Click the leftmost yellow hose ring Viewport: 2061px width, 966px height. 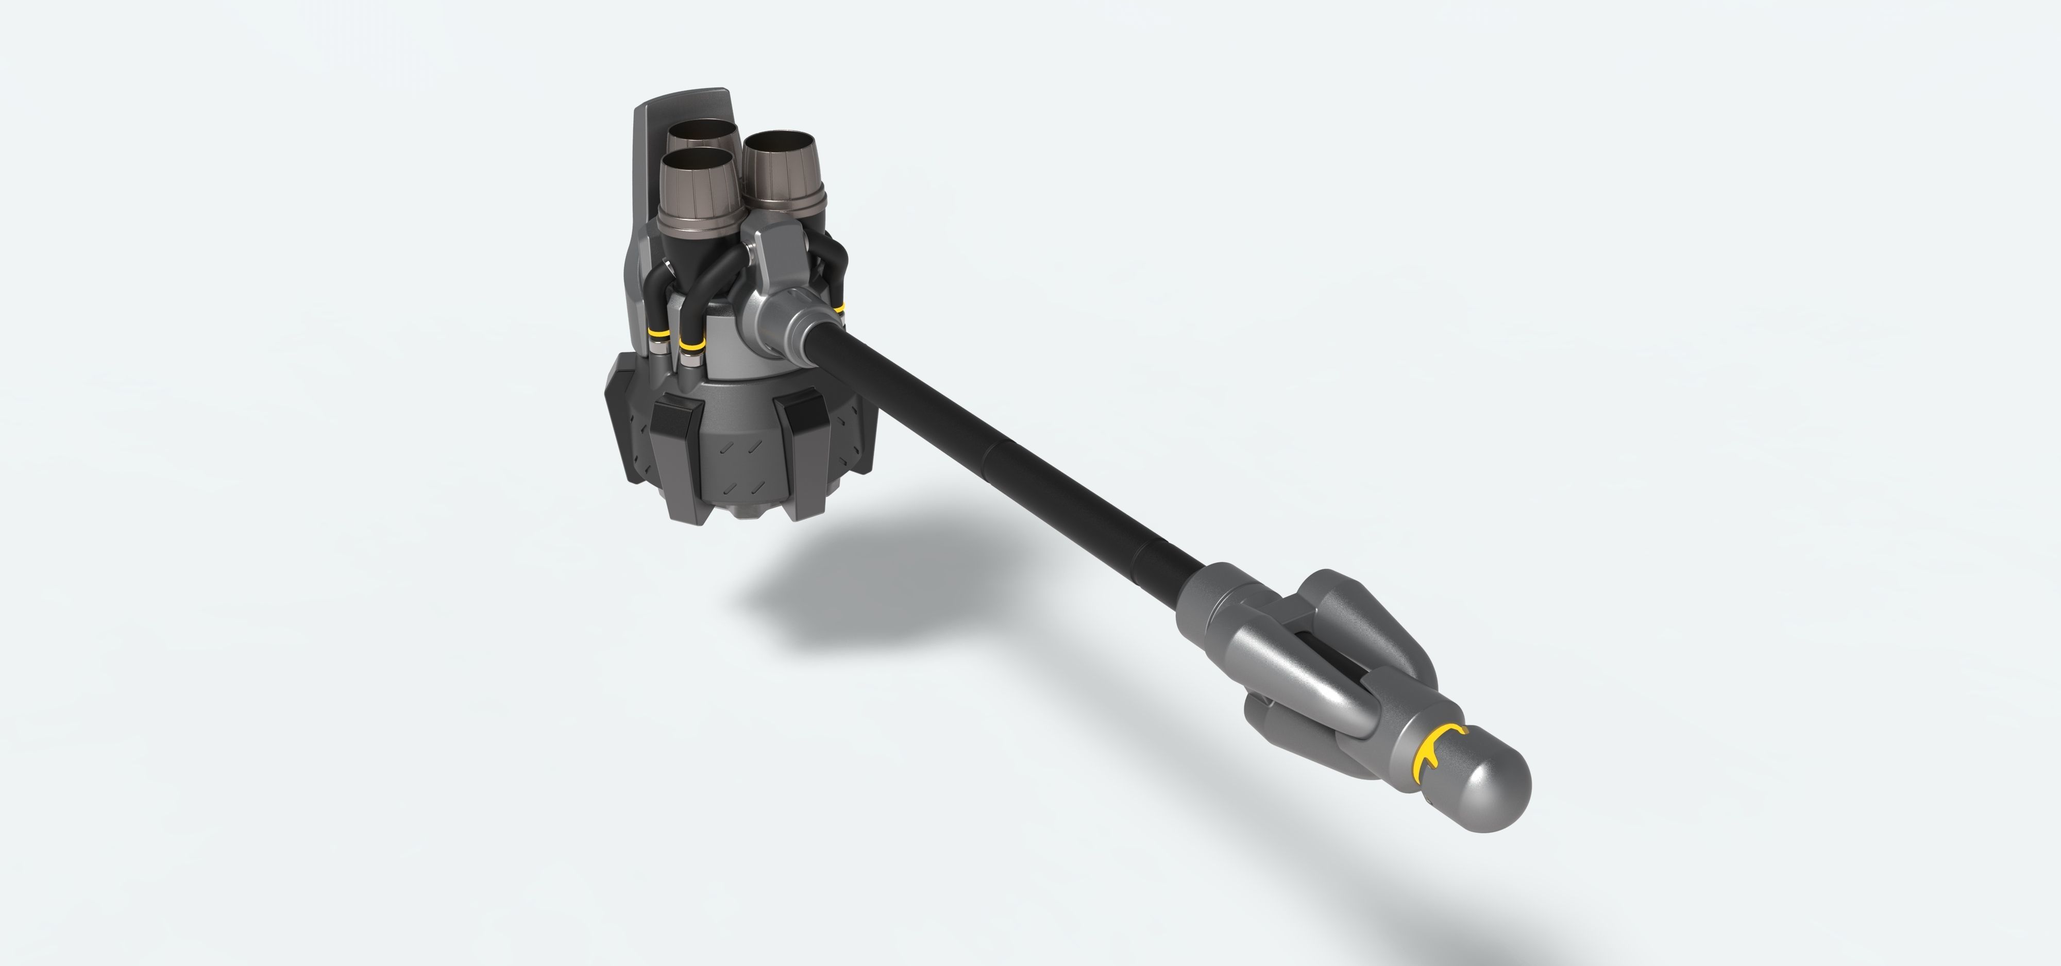(x=657, y=331)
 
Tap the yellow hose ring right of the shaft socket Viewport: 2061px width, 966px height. (x=838, y=309)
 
